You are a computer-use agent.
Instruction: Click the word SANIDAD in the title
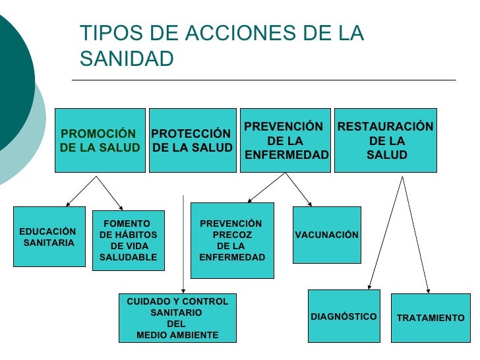(127, 59)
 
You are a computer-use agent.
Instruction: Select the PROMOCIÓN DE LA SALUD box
(100, 140)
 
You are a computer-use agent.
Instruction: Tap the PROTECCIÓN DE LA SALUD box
(193, 140)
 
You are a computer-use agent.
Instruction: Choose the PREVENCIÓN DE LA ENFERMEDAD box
(285, 140)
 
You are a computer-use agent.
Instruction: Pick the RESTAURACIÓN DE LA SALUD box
(386, 140)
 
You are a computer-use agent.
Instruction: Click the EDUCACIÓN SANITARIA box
(49, 237)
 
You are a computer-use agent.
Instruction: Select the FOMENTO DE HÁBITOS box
(128, 240)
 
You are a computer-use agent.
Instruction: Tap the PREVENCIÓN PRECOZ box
(231, 240)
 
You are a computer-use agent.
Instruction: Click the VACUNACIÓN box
(326, 235)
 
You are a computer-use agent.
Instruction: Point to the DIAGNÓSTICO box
(344, 316)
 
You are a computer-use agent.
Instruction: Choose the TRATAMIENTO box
(431, 318)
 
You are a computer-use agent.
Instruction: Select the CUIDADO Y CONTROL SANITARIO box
(177, 318)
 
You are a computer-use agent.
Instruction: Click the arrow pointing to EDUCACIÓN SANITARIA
(82, 191)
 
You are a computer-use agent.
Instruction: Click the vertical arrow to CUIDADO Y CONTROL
(183, 244)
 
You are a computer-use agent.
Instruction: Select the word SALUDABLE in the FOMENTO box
(128, 257)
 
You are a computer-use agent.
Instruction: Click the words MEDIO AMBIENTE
(177, 335)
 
